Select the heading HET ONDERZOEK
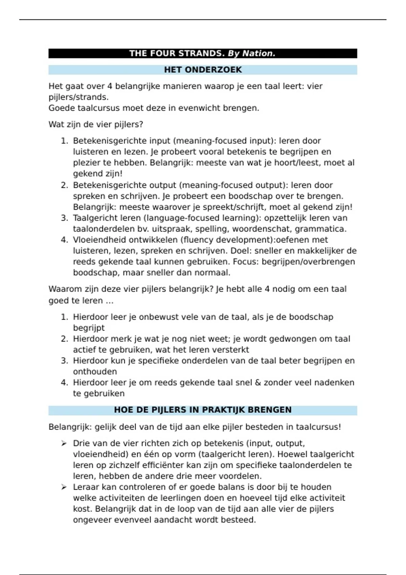(x=203, y=70)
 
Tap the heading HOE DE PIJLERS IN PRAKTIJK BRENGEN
(x=203, y=410)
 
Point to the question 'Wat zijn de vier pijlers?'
(x=96, y=124)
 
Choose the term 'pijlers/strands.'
(x=78, y=97)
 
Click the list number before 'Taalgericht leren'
(x=64, y=218)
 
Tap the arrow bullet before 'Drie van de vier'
(x=64, y=443)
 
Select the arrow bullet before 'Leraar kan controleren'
(x=64, y=487)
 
